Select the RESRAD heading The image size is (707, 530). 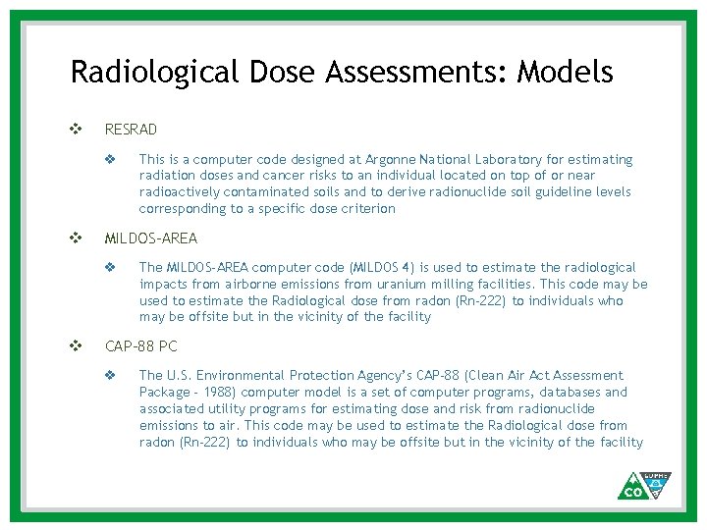pos(131,130)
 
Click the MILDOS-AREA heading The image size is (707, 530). pos(151,238)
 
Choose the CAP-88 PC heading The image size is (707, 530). pos(141,345)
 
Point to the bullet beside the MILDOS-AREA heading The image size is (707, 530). pos(76,238)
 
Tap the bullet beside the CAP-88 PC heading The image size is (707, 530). pos(76,345)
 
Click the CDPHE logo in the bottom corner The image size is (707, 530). pos(644,485)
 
